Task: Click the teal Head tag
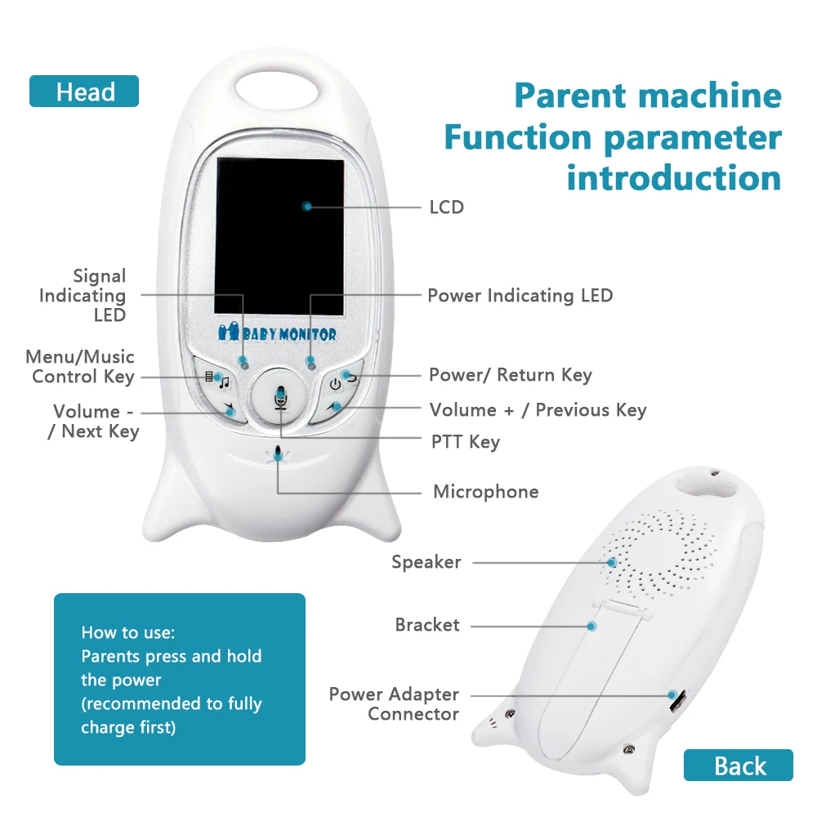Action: (x=84, y=92)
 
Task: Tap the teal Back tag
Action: (x=739, y=766)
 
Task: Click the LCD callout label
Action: (x=446, y=207)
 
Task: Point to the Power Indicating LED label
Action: (x=520, y=295)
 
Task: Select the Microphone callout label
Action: (x=485, y=492)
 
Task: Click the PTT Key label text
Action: (x=465, y=442)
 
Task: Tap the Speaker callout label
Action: (x=426, y=562)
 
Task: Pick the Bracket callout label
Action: (x=427, y=625)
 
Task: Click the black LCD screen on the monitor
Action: (x=279, y=237)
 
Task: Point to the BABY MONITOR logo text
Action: (x=277, y=333)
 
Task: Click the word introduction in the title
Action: (x=674, y=177)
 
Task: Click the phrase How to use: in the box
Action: (x=128, y=632)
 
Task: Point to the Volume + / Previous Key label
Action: (x=538, y=410)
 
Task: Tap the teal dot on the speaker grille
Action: (x=611, y=562)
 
